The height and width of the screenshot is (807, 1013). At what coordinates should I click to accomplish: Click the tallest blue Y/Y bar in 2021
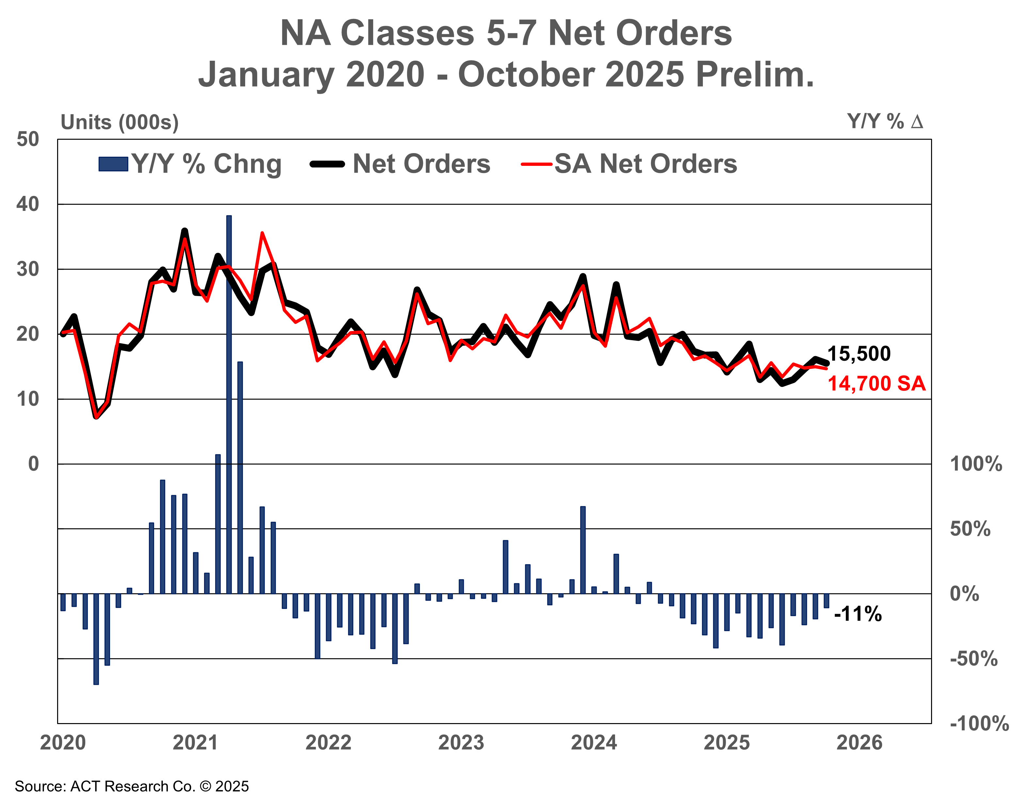(229, 404)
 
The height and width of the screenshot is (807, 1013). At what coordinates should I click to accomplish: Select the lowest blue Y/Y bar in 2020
(96, 639)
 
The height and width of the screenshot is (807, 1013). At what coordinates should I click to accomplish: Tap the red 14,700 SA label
(876, 384)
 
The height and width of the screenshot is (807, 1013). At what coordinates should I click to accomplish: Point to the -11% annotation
(858, 614)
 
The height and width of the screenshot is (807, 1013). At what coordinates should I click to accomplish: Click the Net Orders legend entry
(421, 164)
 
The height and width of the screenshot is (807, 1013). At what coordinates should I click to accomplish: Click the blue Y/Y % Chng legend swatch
(113, 164)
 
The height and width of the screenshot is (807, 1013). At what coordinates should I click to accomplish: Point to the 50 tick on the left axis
(28, 139)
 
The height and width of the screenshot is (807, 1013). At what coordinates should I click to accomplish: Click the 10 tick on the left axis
(28, 399)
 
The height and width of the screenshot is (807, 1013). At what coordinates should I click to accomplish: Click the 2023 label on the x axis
(461, 743)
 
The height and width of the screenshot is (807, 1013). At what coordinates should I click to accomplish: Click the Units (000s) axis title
(120, 123)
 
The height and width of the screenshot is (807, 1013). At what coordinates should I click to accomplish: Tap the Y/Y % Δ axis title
(885, 122)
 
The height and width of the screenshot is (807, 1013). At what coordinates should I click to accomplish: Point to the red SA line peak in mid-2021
(262, 233)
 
